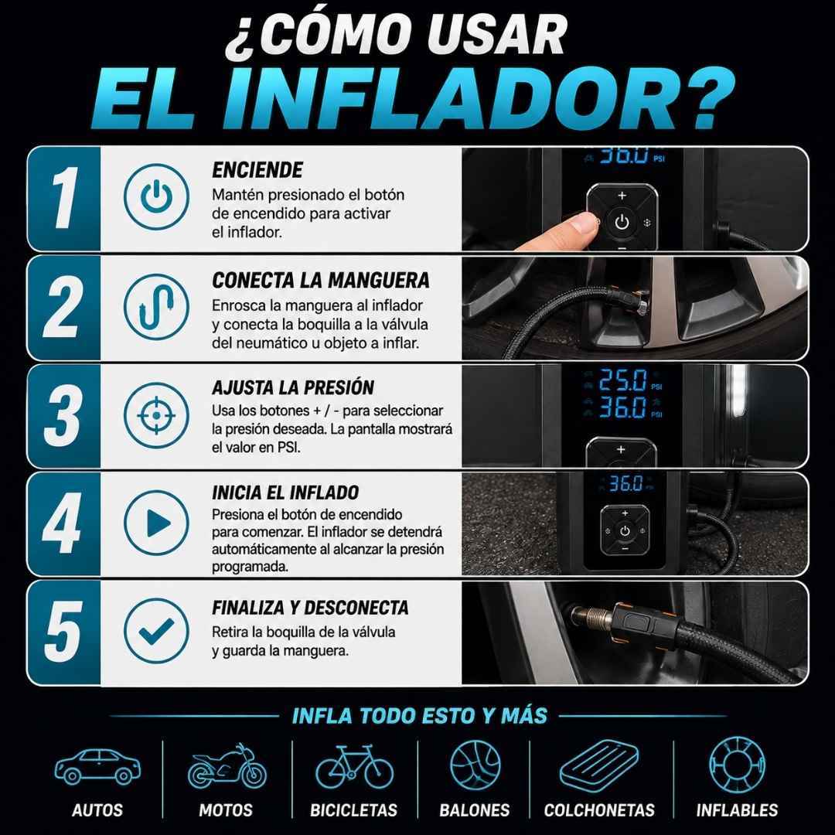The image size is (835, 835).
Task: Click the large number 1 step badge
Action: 65,198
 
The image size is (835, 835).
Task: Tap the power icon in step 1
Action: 156,196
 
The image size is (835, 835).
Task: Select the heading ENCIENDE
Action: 257,170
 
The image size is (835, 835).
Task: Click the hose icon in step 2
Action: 156,307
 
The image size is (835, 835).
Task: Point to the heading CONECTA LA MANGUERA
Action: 321,280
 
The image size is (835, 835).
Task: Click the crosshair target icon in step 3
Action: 156,415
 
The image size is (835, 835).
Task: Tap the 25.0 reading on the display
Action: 623,380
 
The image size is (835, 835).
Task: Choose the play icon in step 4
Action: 156,523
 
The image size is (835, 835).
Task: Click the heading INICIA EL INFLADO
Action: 285,492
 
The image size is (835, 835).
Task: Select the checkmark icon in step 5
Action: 156,631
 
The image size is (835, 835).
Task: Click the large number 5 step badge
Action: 64,632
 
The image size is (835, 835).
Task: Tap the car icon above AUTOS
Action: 97,766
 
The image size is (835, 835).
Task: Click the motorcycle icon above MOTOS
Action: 227,767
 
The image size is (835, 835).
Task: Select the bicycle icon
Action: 354,767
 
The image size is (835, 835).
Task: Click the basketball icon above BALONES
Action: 475,766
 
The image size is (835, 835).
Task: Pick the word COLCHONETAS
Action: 599,810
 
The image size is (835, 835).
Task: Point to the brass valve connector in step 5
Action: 592,618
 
